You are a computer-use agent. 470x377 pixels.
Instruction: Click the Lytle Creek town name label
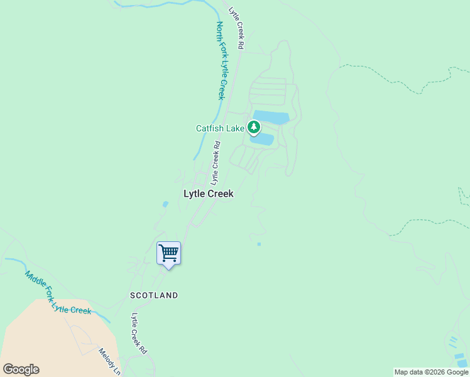tap(208, 194)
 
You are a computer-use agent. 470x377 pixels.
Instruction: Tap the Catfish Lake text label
tap(219, 128)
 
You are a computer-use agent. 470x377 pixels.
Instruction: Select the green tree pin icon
tap(254, 128)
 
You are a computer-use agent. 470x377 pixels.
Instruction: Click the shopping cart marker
tap(168, 254)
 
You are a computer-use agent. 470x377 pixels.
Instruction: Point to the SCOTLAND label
tap(154, 295)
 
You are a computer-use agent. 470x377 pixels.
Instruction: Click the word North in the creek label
tap(220, 34)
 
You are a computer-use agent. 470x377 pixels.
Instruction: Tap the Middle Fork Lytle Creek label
tap(58, 292)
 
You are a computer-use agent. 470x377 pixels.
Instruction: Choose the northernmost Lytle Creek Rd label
tap(236, 28)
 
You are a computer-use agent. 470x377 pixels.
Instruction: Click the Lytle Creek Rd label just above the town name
tap(214, 163)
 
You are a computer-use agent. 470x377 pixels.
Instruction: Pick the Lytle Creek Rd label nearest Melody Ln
tap(139, 332)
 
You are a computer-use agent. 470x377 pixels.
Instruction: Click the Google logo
tap(21, 369)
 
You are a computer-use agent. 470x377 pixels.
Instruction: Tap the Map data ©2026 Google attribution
tap(431, 372)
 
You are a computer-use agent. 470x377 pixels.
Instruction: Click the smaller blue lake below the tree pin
tap(263, 139)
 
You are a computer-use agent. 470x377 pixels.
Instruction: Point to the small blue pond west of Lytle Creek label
tap(165, 204)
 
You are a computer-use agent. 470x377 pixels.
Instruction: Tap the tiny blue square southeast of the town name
tap(259, 244)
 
